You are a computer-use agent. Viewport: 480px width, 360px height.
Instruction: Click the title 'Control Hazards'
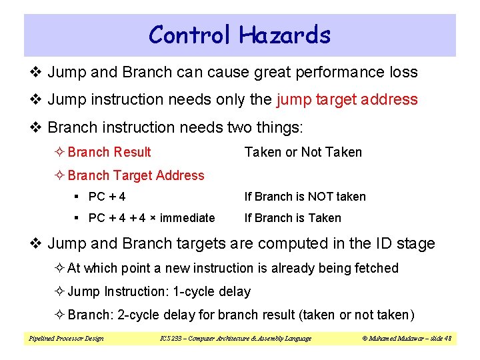pos(239,35)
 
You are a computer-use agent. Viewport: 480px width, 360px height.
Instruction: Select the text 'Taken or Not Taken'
pos(303,152)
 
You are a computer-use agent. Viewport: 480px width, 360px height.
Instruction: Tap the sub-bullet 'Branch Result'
pos(109,152)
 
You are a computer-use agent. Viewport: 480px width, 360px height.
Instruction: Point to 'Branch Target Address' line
pos(136,175)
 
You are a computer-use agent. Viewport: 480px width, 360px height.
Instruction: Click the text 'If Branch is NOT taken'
pos(305,197)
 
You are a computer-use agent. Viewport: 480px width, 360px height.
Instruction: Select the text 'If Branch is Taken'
pos(293,218)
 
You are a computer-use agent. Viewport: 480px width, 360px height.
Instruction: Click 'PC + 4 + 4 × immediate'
pos(151,218)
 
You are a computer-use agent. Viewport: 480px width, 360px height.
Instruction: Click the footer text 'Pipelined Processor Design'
pos(66,339)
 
